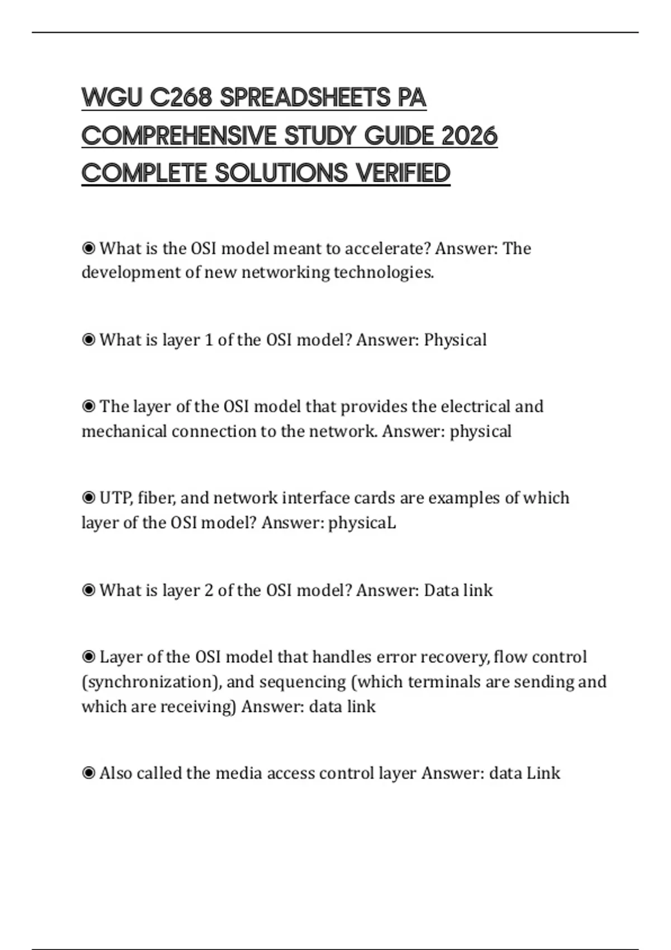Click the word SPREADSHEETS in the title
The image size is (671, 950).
[305, 98]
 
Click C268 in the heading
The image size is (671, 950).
[181, 98]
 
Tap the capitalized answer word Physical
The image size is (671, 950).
[455, 340]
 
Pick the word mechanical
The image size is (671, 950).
[124, 431]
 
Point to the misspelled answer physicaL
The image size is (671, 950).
[362, 523]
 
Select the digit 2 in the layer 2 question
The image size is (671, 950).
[209, 590]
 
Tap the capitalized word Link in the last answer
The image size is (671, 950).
[544, 773]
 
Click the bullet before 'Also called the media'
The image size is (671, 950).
[88, 773]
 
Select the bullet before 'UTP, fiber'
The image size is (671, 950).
[88, 497]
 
